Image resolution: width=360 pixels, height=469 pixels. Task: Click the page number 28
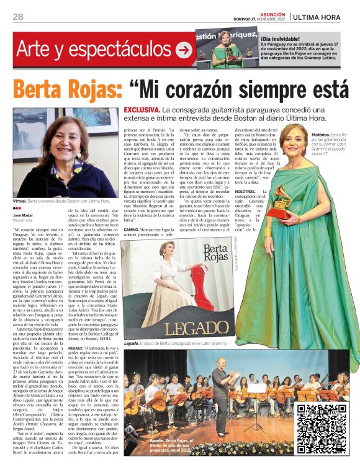[18, 17]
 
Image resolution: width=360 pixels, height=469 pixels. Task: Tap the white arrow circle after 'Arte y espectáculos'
[184, 50]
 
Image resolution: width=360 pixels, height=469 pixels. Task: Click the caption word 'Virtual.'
[22, 202]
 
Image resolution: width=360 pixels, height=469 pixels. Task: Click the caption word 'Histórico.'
[320, 134]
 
